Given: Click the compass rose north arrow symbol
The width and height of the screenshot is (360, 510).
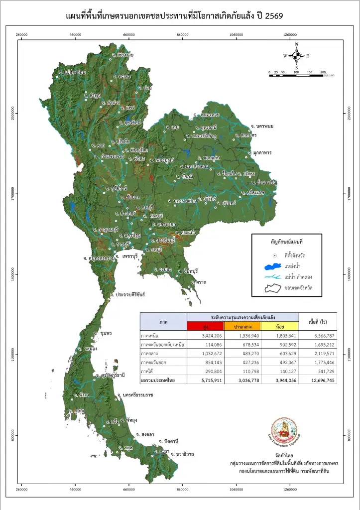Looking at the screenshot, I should (x=296, y=55).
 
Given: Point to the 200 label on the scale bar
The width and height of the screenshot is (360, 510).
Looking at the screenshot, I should (x=323, y=72).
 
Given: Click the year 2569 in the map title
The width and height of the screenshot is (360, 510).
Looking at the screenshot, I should (x=273, y=16).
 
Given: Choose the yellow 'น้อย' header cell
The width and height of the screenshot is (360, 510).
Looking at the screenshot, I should (x=279, y=326).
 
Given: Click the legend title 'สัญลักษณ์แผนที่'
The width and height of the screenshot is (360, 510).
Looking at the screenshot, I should (x=286, y=241).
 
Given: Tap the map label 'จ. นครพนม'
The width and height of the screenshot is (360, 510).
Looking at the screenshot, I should (x=262, y=126).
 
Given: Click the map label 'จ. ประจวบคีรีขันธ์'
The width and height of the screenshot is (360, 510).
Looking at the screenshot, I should (x=127, y=295).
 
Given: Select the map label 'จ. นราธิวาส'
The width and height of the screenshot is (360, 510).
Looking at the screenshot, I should (x=182, y=454).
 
